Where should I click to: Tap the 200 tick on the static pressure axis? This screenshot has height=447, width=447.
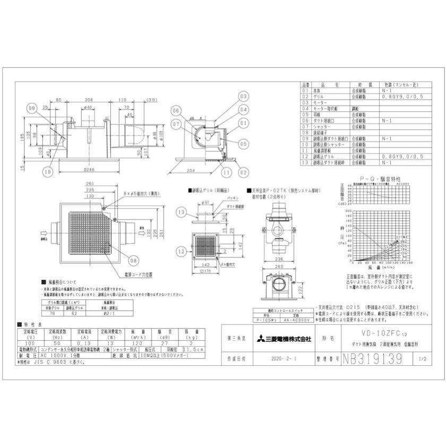tap(349, 211)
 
